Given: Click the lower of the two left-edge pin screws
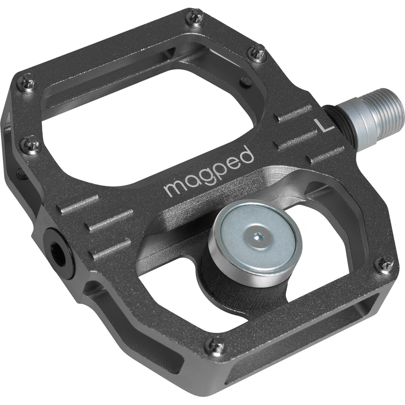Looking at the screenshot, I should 30,146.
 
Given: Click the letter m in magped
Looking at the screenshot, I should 174,187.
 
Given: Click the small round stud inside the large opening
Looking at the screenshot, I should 246,81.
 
